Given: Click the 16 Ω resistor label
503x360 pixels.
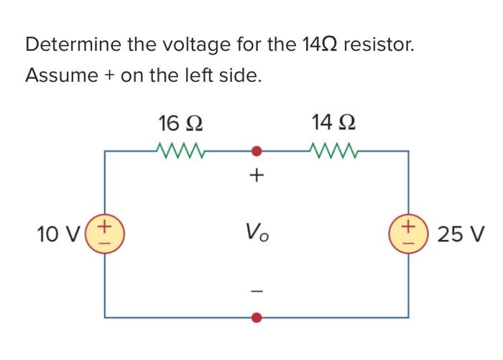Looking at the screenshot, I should click(x=180, y=124).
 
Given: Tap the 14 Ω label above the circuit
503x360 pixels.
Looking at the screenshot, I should click(x=333, y=123).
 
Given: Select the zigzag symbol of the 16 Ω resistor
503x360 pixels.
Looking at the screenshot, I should click(x=181, y=151).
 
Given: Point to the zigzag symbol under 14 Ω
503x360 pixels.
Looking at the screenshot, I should click(x=333, y=151).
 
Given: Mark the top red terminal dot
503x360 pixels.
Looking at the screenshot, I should click(x=257, y=152).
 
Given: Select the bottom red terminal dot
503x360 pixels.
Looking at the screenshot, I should click(x=257, y=316).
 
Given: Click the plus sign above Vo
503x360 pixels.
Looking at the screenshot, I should click(x=257, y=175).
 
